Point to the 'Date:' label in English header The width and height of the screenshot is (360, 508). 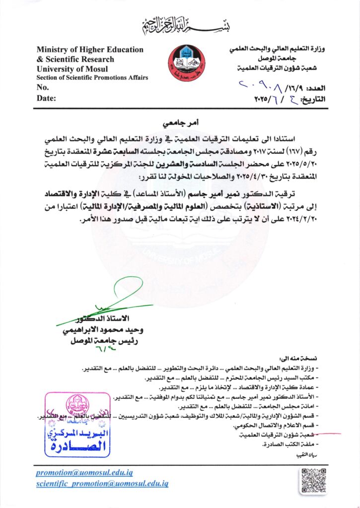point(46,98)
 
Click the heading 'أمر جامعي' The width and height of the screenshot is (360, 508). point(180,122)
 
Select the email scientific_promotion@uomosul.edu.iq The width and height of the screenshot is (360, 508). point(102,483)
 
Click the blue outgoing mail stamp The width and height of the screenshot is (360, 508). point(76,424)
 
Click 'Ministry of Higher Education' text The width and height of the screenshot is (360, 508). point(90,50)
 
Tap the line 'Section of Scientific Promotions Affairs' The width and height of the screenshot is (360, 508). point(92,78)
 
